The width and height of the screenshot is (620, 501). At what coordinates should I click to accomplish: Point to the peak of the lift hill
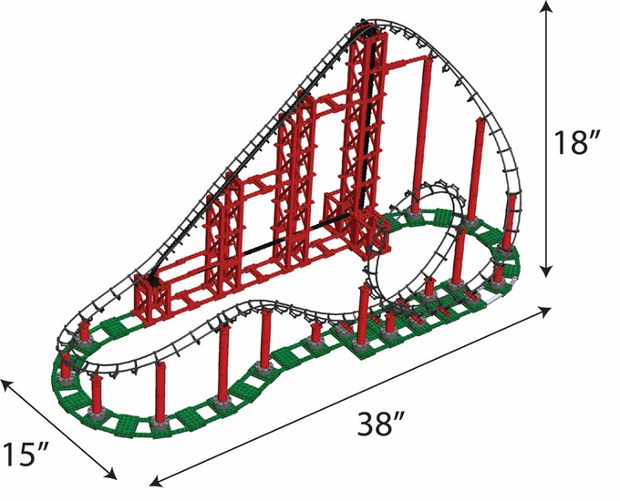point(367,23)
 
